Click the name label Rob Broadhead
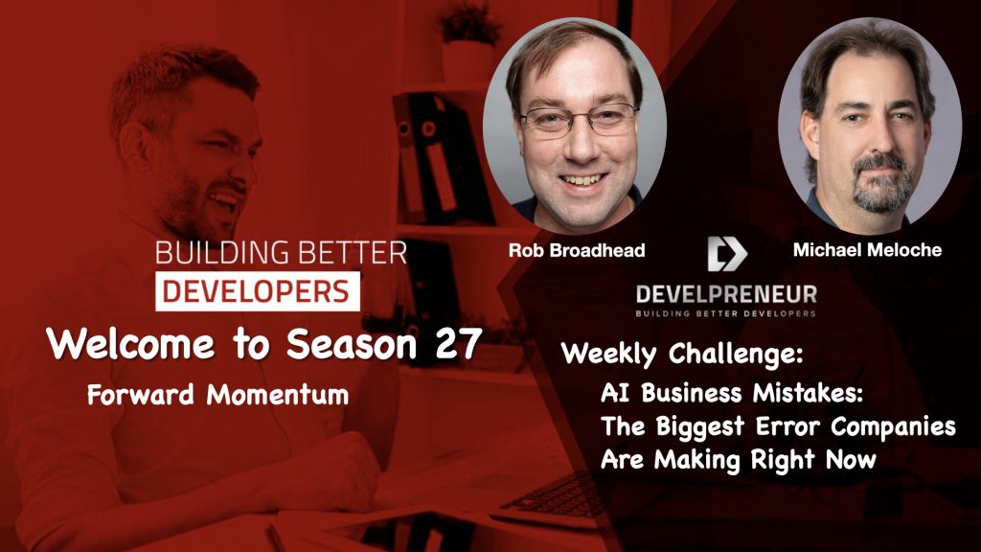point(576,250)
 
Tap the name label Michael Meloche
point(867,250)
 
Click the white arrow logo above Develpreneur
point(726,253)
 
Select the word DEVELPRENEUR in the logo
point(726,294)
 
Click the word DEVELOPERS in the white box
point(256,291)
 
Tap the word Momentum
point(277,394)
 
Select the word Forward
point(141,394)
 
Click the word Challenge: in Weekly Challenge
point(736,354)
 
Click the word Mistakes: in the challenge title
point(808,392)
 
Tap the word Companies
point(893,427)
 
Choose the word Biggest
point(699,427)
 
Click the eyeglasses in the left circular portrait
point(578,121)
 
